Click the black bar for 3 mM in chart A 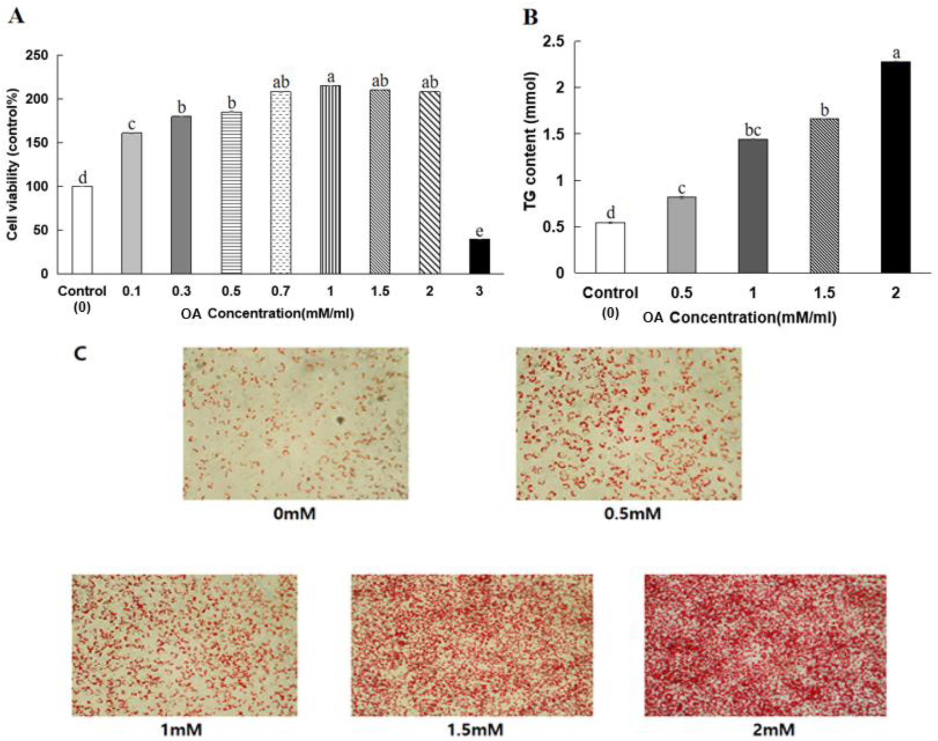pos(479,256)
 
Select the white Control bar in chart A pos(82,230)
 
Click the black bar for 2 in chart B pos(896,167)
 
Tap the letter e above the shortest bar pos(479,231)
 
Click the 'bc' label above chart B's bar pos(753,130)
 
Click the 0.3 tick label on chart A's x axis pos(181,291)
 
